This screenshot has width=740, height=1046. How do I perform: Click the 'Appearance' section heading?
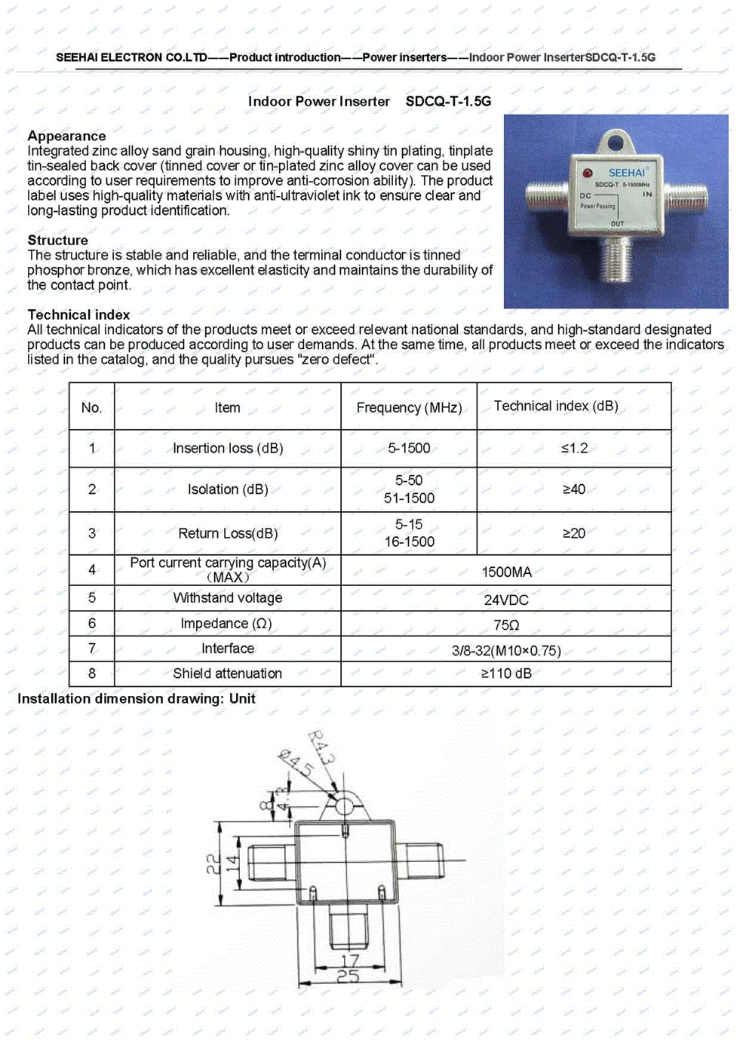point(67,136)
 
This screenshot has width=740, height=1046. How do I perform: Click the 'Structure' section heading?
point(58,240)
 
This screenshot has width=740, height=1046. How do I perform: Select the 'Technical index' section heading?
point(78,315)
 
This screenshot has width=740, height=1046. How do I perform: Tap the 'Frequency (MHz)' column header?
point(409,408)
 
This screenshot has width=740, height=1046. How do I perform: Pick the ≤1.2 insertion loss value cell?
point(574,448)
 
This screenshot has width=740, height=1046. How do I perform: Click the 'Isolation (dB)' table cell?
point(228,490)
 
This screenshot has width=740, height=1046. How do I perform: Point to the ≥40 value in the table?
point(574,490)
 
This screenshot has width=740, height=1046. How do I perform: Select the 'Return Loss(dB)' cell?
point(228,533)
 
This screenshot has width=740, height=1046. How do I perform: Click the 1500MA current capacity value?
point(507,572)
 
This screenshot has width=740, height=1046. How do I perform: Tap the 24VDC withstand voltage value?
point(506,600)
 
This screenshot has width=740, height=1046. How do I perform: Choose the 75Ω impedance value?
point(506,625)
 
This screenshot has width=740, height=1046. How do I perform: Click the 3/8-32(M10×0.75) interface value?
point(506,651)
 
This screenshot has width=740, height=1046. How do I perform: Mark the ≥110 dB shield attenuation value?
point(506,674)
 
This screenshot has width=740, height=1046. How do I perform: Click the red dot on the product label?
point(588,172)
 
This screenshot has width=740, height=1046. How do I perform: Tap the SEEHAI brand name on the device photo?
point(626,172)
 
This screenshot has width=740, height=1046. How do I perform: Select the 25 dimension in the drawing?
point(348,977)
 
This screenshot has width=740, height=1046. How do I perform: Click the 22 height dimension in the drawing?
point(213,863)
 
